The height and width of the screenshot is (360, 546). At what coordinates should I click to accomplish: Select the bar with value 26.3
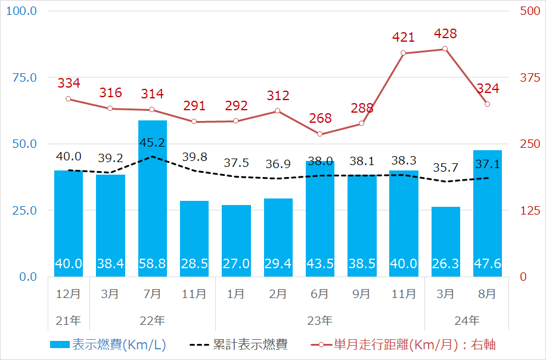click(446, 241)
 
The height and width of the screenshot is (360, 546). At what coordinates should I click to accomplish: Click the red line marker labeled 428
click(445, 49)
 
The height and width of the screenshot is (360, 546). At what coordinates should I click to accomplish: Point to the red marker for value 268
click(319, 134)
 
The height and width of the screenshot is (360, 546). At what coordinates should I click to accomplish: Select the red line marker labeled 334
click(69, 99)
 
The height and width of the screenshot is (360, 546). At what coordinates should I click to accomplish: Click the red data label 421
click(404, 38)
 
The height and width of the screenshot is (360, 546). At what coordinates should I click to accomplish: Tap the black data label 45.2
click(152, 144)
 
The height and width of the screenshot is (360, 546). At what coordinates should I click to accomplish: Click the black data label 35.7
click(445, 167)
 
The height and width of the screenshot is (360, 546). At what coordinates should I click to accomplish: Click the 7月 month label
click(152, 294)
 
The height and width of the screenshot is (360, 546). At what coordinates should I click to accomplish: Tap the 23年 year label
click(319, 320)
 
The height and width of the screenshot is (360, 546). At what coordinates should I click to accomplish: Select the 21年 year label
click(69, 320)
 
